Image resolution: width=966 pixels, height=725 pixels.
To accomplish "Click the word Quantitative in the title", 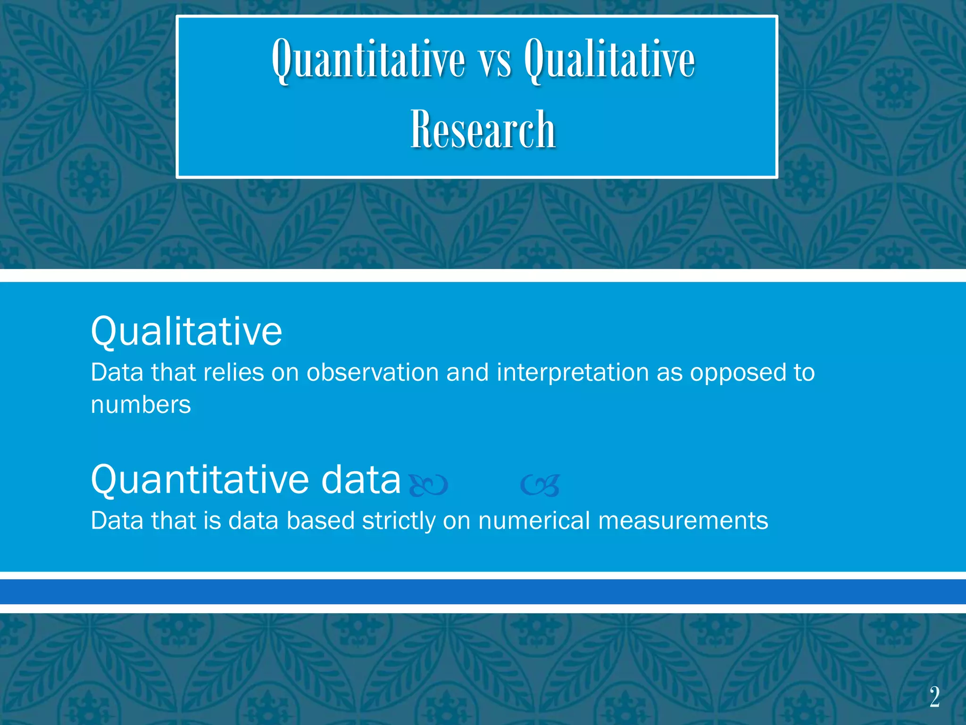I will click(x=368, y=60).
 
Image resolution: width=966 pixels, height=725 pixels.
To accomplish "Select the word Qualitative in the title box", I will click(x=609, y=60).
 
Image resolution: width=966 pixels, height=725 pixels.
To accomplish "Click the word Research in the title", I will click(x=483, y=129).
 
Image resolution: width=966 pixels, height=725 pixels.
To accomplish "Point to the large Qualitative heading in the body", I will click(x=186, y=331).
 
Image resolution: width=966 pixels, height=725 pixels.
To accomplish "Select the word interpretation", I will click(x=573, y=372).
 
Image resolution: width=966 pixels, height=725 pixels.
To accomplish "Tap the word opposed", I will click(x=738, y=373).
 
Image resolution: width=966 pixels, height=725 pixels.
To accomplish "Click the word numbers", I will click(x=141, y=405).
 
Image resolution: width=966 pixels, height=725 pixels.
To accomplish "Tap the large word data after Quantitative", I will click(x=361, y=480).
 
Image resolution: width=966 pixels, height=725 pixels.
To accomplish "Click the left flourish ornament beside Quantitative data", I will click(x=428, y=485).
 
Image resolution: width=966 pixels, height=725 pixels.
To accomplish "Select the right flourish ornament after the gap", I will click(x=541, y=485).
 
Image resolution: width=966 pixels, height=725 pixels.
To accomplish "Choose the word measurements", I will click(x=683, y=521).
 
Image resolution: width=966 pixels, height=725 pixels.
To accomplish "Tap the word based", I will click(x=320, y=521).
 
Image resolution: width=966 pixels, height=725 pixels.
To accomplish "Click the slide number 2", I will click(x=934, y=697).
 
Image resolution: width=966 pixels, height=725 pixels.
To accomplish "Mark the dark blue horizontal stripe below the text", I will click(x=483, y=592).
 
